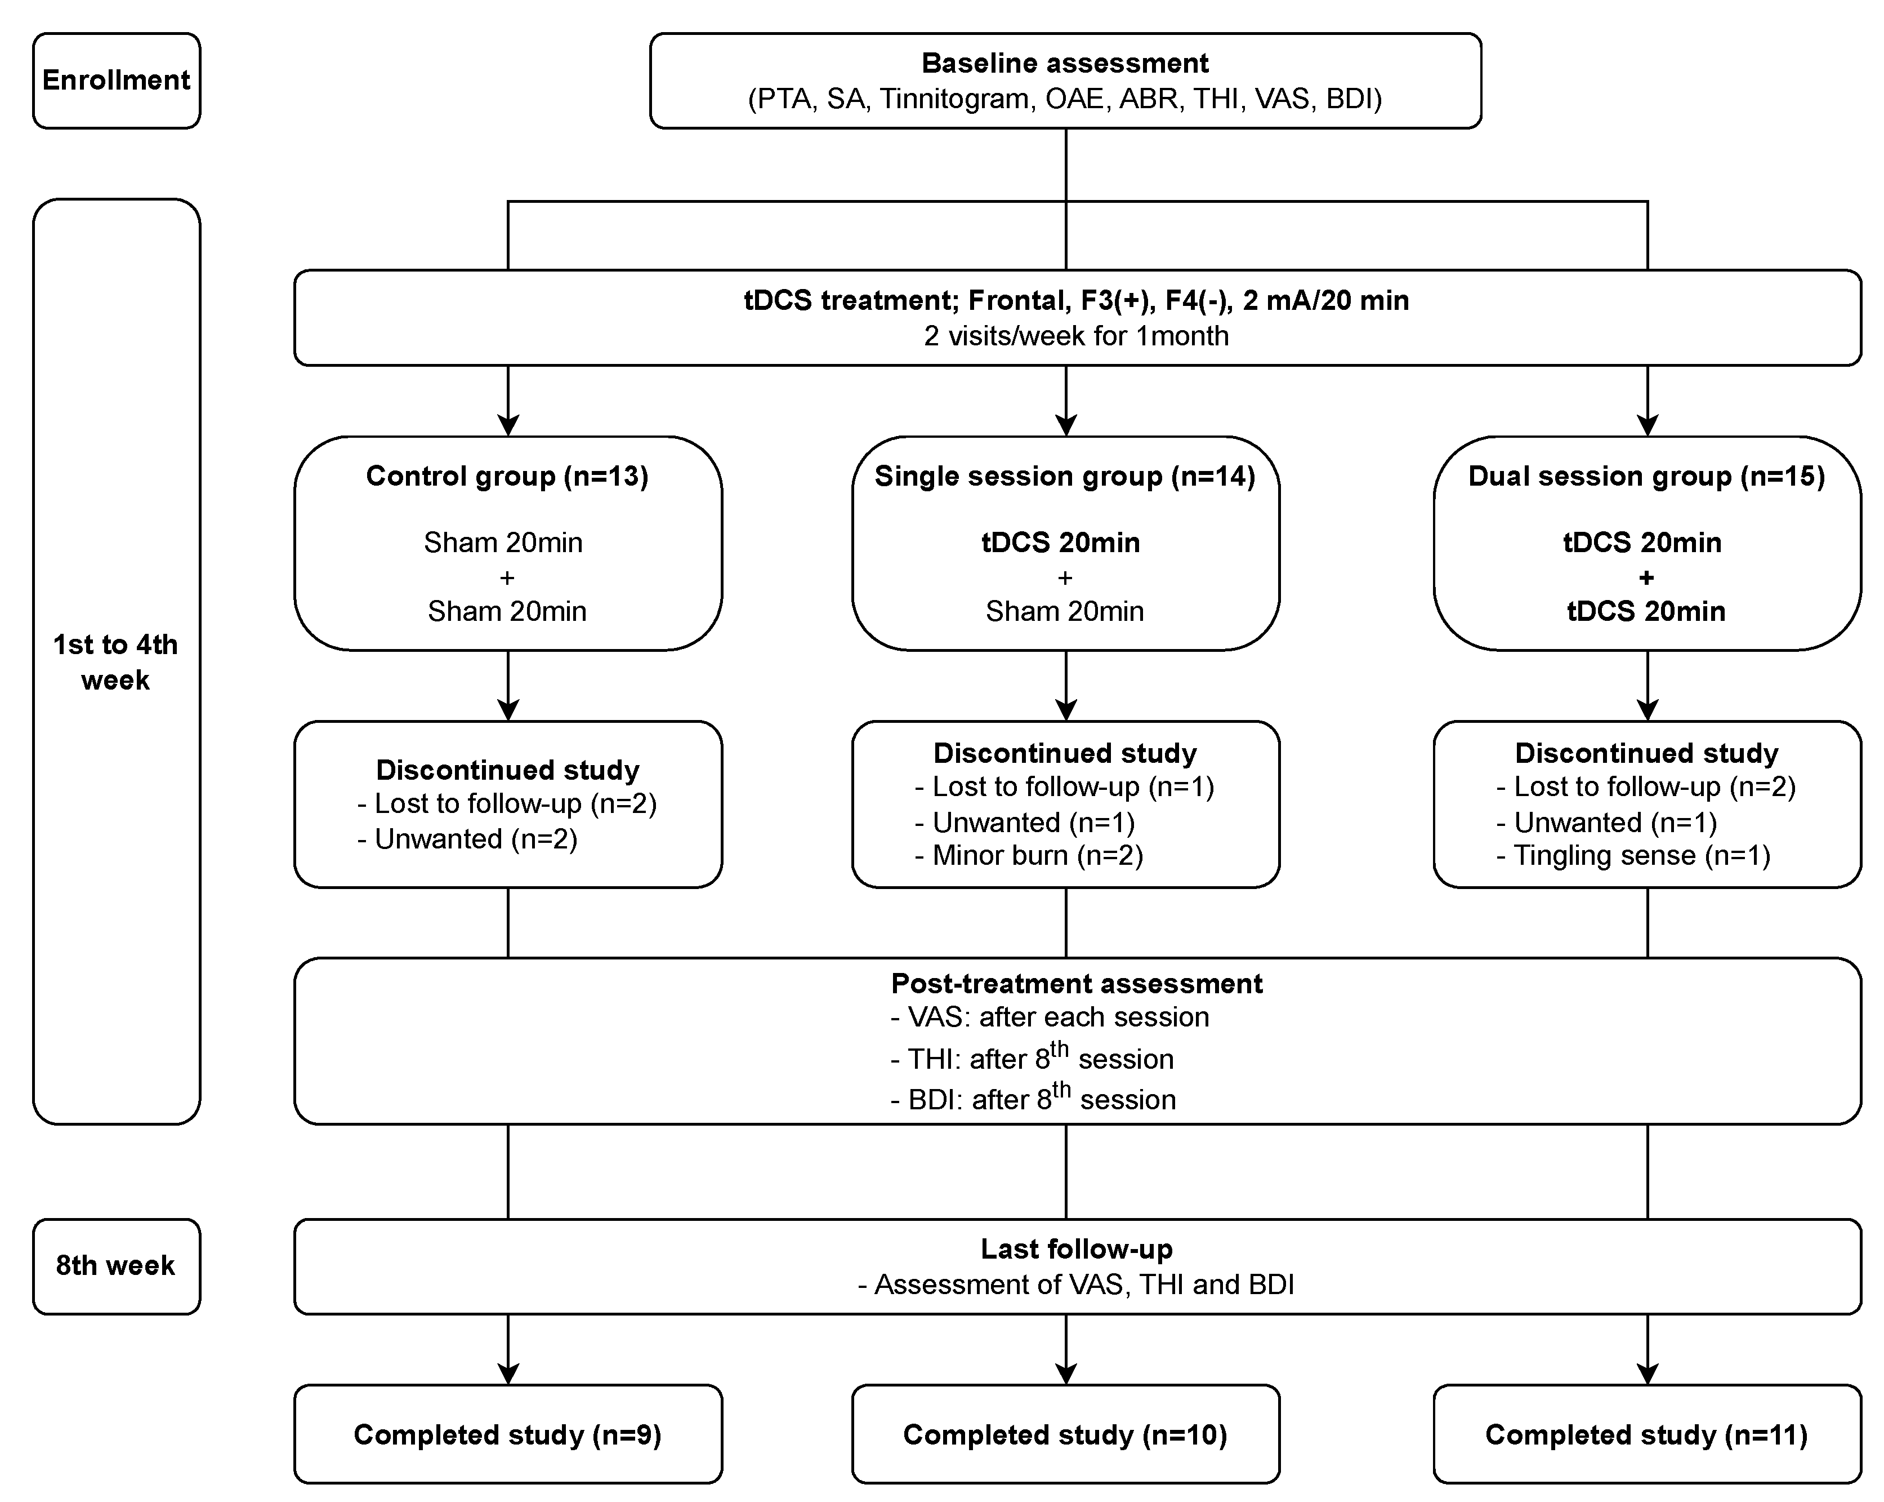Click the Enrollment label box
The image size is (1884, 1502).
[116, 81]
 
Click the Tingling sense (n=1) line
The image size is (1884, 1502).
[1634, 855]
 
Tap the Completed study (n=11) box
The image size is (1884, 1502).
[1646, 1435]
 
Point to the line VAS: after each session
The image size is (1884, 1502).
[1050, 1017]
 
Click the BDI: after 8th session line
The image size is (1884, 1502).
[1033, 1099]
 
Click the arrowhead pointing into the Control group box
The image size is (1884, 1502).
[508, 426]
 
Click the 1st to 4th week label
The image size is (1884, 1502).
[115, 662]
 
